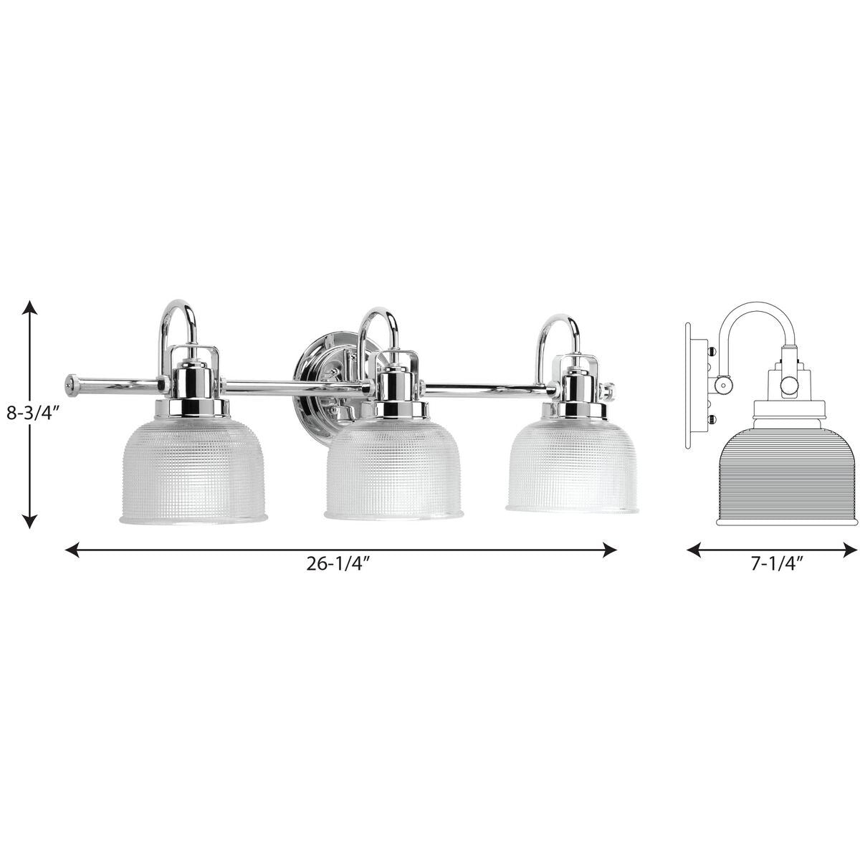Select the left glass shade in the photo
click(x=193, y=459)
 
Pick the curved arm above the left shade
click(x=176, y=315)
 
